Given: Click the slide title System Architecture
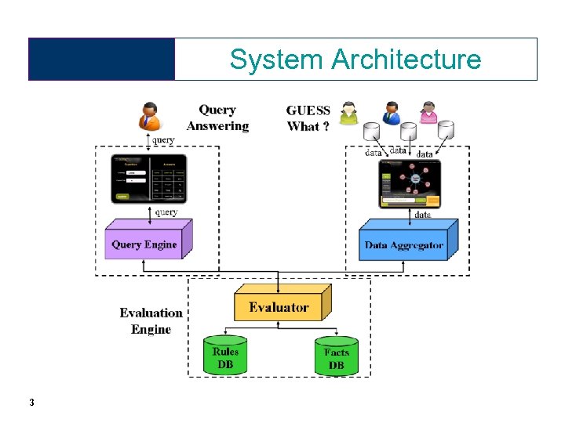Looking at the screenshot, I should coord(355,60).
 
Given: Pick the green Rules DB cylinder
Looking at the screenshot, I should coord(225,356).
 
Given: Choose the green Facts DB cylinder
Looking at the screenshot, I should coord(336,356).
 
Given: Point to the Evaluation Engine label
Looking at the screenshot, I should coord(151,321).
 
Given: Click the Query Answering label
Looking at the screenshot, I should coord(217,118).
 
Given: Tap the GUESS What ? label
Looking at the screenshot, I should coord(308,118).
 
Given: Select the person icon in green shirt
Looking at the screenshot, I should coord(348,114).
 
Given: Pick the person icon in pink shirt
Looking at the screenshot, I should coord(428,113).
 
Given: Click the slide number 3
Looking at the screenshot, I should coord(31,403).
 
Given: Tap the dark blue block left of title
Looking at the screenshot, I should coord(102,60).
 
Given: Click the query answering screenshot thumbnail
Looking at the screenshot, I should coord(147,179).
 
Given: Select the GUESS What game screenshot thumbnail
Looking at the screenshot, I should coord(410,183).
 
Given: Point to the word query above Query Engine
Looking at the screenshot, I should coord(166,212).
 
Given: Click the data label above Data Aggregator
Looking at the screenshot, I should coord(422,214).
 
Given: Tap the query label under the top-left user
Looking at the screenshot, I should coord(163,139).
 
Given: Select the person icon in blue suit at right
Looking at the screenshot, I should coord(390,113).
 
